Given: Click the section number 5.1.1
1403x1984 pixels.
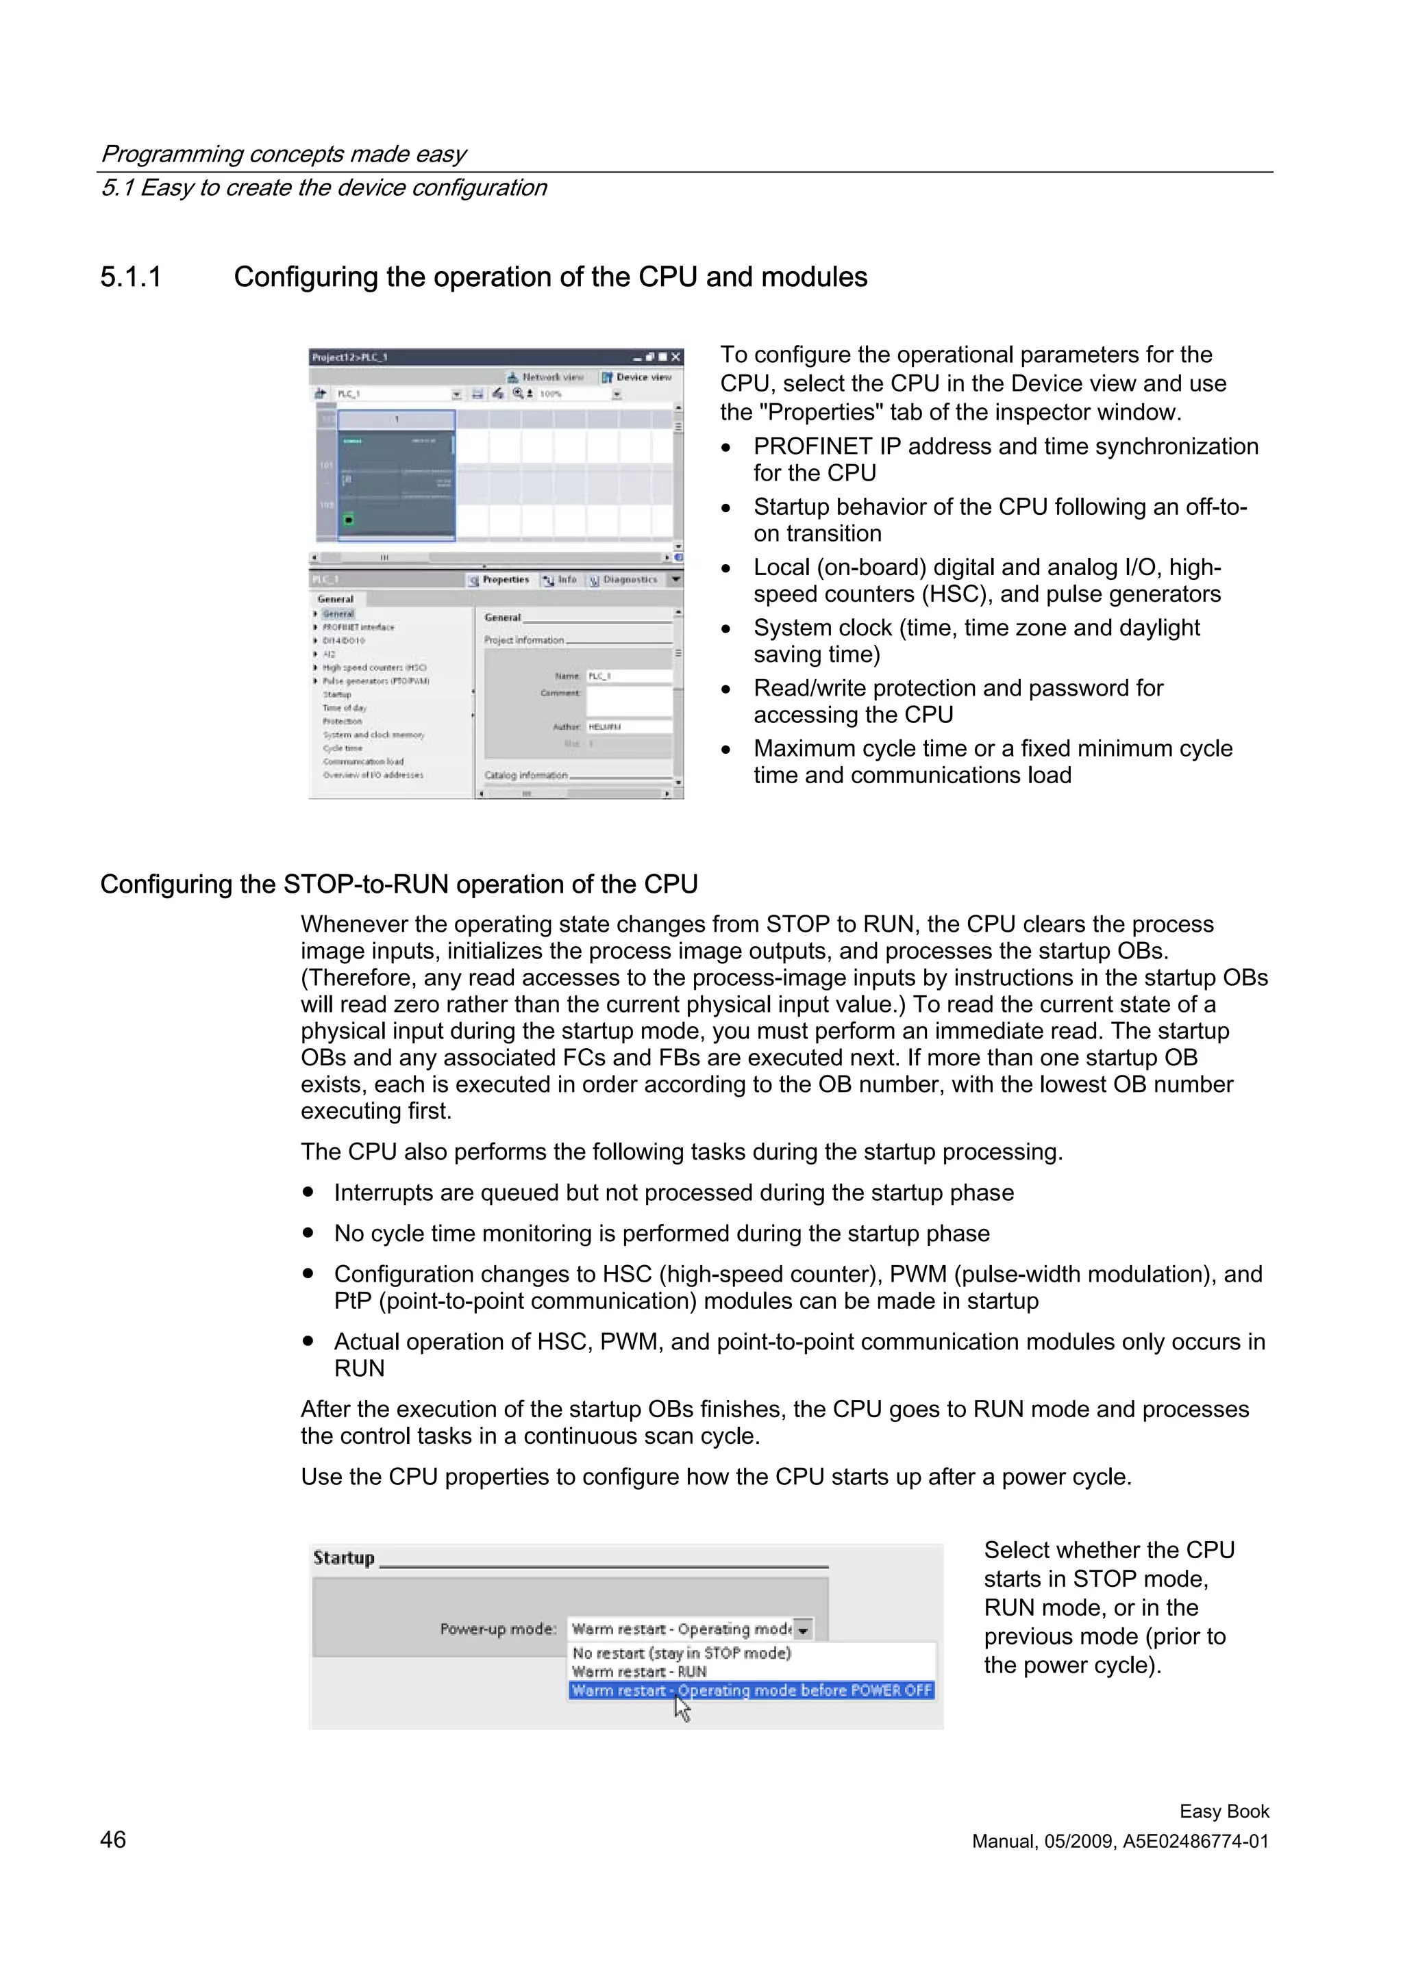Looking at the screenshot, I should [x=131, y=277].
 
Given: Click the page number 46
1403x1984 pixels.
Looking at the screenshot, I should [x=113, y=1840].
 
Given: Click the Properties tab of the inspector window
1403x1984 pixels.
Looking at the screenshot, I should [x=499, y=580].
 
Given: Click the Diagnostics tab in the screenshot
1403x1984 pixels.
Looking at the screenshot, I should [x=624, y=580].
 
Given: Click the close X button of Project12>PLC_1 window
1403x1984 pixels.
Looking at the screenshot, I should [x=676, y=357].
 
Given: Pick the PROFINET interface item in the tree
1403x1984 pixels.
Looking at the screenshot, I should [x=358, y=627].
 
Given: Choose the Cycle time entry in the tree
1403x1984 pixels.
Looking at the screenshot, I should [x=343, y=748].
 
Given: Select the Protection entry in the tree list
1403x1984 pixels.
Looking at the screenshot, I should [x=343, y=722].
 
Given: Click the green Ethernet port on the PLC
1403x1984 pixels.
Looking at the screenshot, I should [x=349, y=520].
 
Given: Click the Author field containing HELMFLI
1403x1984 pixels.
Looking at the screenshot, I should [x=628, y=728].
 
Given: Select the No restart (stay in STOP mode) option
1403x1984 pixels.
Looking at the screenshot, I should [x=681, y=1653].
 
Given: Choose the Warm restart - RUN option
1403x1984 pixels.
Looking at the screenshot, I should [x=639, y=1672].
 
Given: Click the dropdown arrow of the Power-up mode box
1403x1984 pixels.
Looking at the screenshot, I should [x=803, y=1629].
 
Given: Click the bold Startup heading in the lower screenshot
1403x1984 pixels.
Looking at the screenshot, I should [x=344, y=1558].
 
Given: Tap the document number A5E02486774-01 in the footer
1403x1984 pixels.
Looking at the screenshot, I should [x=1195, y=1842].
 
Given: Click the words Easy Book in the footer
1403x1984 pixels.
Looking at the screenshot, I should [x=1224, y=1811].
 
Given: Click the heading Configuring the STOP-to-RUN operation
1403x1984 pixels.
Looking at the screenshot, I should [x=399, y=885].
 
